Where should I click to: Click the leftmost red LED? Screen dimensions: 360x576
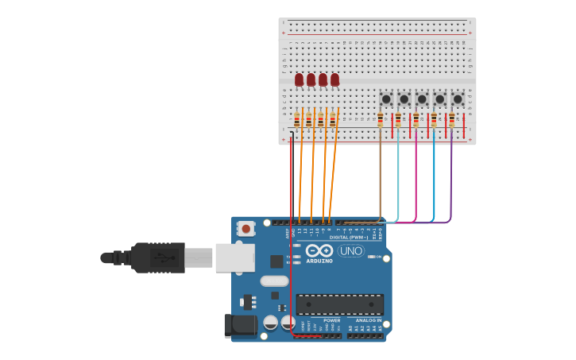[x=299, y=79]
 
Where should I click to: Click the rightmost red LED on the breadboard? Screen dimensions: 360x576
[x=334, y=79]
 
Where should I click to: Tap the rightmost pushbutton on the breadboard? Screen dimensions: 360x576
[x=458, y=99]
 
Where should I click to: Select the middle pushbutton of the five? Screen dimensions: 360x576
[x=422, y=99]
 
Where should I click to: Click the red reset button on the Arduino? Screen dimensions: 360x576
[x=245, y=229]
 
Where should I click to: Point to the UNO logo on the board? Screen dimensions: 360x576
[x=350, y=251]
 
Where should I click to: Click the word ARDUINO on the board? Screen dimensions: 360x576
[x=319, y=261]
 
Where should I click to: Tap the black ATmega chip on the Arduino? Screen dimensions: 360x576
[x=339, y=304]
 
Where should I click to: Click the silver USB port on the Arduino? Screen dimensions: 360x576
[x=234, y=257]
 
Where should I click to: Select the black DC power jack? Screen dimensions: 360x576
[x=240, y=324]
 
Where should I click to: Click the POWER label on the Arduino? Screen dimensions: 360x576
[x=331, y=320]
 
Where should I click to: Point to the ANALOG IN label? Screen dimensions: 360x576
[x=363, y=320]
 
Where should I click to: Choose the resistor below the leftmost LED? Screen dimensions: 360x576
[x=297, y=119]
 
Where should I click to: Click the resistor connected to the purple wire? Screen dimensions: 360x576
[x=451, y=119]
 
